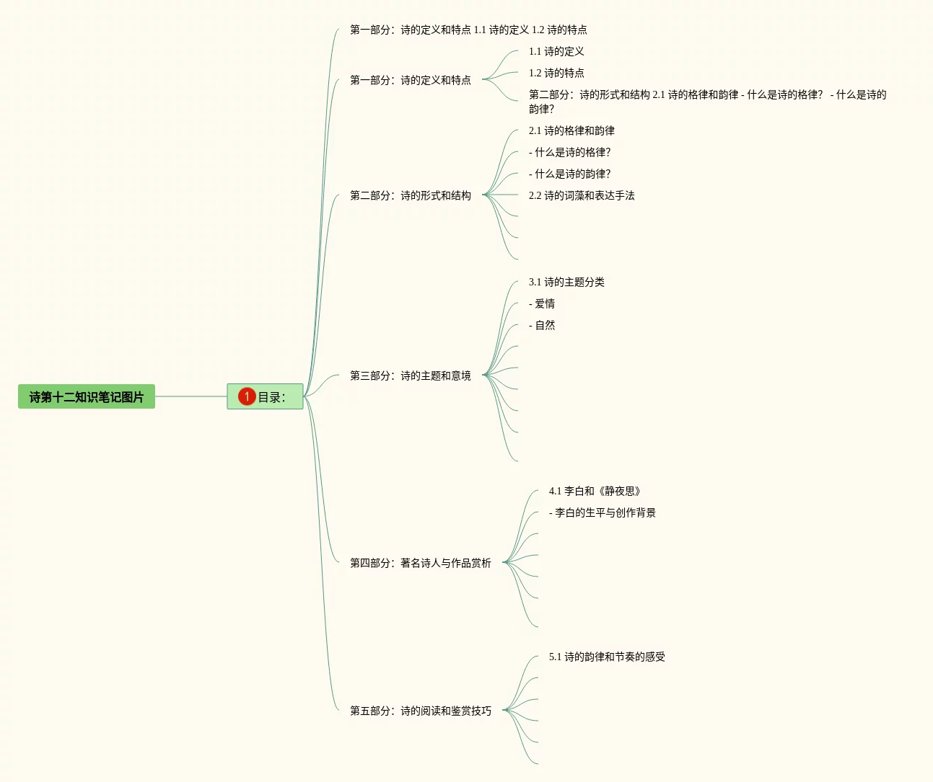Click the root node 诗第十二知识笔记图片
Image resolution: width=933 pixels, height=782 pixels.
tap(87, 396)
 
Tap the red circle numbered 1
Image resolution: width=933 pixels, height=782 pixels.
tap(247, 396)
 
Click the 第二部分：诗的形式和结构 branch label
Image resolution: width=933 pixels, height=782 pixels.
tap(410, 195)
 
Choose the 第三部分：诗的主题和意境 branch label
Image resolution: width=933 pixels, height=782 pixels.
tap(410, 376)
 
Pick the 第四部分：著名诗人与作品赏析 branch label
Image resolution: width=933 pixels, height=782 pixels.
tap(420, 563)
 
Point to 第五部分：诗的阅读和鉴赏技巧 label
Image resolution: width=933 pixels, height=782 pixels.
tap(420, 711)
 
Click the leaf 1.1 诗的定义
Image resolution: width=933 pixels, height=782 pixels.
tap(556, 51)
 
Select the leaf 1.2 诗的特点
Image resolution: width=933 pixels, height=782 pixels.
tap(556, 73)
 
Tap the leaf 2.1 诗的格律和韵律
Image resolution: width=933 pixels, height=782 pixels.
tap(571, 130)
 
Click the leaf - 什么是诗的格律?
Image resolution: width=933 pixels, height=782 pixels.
tap(569, 152)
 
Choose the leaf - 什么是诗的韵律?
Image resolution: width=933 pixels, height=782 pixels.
tap(569, 174)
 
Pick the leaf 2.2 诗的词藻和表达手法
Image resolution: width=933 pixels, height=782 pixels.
tap(582, 195)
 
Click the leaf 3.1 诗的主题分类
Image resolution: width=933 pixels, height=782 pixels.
tap(566, 282)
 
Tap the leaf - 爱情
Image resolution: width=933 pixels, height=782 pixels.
tap(542, 303)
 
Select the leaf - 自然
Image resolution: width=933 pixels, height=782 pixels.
tap(542, 325)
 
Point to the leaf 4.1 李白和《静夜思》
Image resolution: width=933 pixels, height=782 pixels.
tap(595, 491)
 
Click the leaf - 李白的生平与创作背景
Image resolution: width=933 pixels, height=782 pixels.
tap(602, 512)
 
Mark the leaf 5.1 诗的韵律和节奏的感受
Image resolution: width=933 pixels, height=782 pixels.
tap(607, 657)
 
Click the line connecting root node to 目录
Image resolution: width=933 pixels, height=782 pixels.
tap(191, 396)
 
